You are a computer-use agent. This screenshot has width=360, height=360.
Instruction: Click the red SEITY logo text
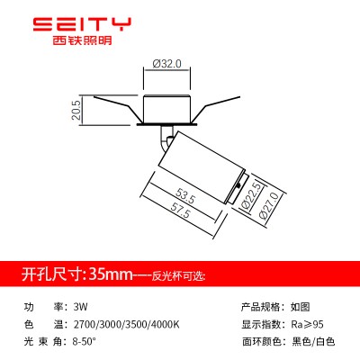(x=82, y=24)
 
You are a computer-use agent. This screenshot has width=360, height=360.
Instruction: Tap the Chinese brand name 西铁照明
(x=82, y=40)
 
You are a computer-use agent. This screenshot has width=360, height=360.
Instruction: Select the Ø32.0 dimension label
(x=166, y=64)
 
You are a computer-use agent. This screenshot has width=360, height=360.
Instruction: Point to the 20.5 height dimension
(x=76, y=110)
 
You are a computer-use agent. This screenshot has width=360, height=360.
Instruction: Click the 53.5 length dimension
(x=185, y=195)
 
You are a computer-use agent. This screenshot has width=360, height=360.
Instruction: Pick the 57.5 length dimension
(x=180, y=210)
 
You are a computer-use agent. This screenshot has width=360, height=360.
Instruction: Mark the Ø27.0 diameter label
(x=270, y=206)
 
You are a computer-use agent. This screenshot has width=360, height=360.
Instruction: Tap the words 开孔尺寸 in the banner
(x=51, y=274)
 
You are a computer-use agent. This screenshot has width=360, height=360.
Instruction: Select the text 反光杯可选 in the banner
(x=177, y=275)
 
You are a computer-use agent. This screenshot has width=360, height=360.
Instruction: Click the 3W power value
(x=80, y=307)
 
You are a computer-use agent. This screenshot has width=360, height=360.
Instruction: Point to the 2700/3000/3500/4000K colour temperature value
(x=126, y=324)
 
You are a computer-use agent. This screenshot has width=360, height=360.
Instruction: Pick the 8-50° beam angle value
(x=85, y=341)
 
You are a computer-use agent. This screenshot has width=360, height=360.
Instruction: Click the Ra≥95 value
(x=308, y=324)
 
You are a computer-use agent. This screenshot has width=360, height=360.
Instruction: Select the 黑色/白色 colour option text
(x=313, y=341)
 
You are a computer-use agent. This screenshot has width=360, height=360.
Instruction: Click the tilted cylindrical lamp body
(x=202, y=167)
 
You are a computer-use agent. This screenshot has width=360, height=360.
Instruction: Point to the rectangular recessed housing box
(x=166, y=109)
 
